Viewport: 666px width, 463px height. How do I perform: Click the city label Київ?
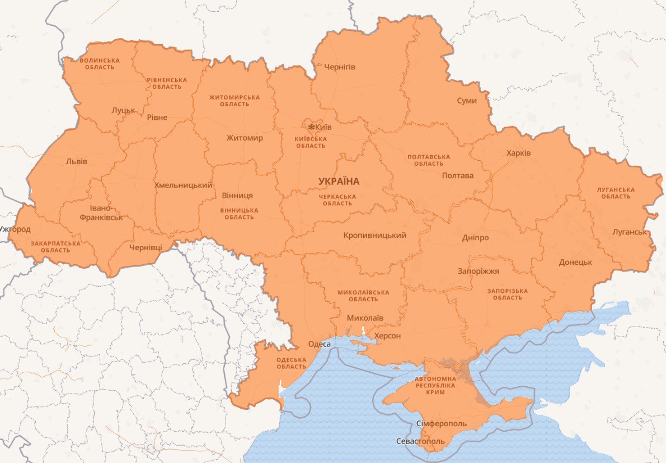point(323,127)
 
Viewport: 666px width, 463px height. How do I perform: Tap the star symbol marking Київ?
point(311,127)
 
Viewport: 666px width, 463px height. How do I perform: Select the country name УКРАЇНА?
point(339,181)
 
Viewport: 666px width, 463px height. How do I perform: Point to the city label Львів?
point(77,161)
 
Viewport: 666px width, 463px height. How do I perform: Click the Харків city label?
point(518,153)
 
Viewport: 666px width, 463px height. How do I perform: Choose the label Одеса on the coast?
point(320,344)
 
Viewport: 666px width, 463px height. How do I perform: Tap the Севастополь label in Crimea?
point(420,441)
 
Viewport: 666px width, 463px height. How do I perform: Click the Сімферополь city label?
point(441,423)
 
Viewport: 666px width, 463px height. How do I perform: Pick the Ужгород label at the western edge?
point(15,229)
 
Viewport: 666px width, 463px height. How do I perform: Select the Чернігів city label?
point(340,67)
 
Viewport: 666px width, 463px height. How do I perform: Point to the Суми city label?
point(467,101)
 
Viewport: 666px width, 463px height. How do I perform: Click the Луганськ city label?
point(629,231)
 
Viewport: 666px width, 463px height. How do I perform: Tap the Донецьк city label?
point(575,262)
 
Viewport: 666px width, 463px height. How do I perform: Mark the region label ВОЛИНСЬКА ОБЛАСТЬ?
point(100,63)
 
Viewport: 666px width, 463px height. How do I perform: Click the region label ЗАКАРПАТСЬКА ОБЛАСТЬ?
point(55,247)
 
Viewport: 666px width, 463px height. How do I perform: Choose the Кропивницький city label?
point(374,236)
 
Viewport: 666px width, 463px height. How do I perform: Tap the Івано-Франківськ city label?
point(101,213)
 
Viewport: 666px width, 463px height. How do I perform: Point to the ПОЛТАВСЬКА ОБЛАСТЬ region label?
point(429,160)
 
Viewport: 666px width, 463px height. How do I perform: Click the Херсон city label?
point(387,335)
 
